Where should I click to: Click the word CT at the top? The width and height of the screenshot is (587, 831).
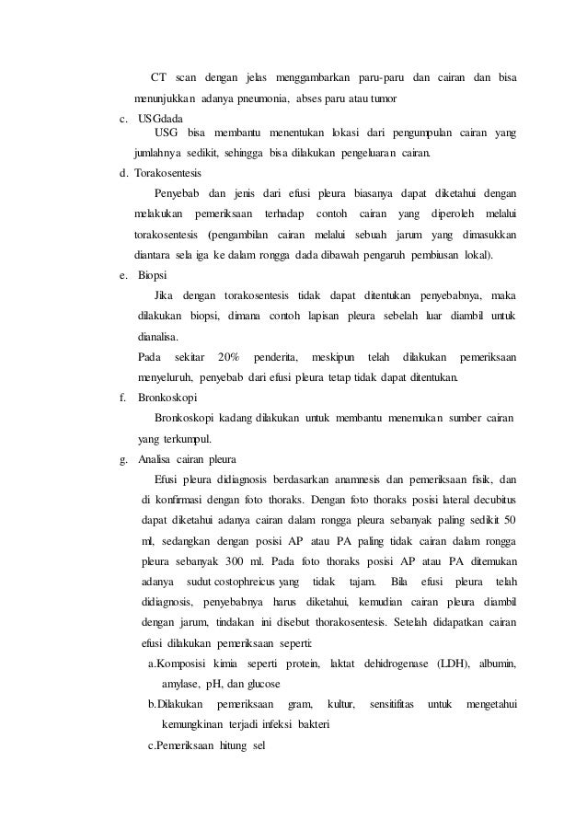158,75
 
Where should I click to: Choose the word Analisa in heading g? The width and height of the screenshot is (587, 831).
157,459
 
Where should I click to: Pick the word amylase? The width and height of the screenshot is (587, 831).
181,684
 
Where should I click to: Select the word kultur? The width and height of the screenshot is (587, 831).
341,705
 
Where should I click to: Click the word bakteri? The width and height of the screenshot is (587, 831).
311,724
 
